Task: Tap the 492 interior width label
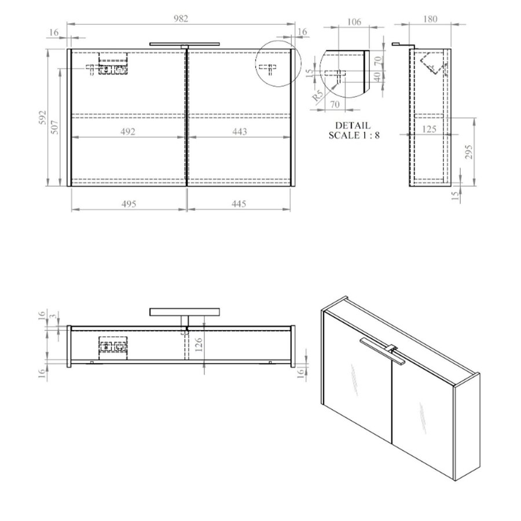[x=128, y=131]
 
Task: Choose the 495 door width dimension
[x=128, y=203]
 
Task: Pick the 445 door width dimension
[x=239, y=203]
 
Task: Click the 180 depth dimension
[x=430, y=19]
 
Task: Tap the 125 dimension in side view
[x=429, y=129]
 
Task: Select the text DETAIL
[x=353, y=125]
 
